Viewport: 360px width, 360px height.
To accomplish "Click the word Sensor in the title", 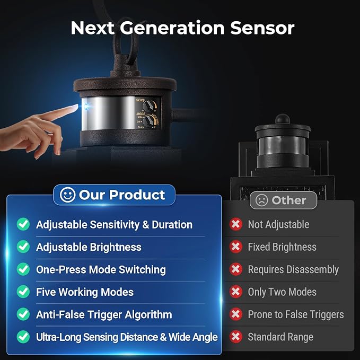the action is [x=262, y=28].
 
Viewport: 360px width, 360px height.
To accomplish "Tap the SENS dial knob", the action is [x=148, y=106].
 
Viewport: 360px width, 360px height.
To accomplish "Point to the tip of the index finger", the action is [x=77, y=106].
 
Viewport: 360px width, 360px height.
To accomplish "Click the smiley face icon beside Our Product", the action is [x=67, y=195].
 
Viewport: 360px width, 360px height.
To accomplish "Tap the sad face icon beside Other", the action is [x=261, y=200].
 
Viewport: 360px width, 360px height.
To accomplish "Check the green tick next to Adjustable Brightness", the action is [x=23, y=247].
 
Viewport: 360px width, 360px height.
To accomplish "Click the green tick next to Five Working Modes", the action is [x=23, y=292].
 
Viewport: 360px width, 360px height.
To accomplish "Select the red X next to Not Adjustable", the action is [x=236, y=224].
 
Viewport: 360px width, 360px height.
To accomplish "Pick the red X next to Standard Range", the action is [x=236, y=337].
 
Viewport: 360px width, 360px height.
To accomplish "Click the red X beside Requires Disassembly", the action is [x=236, y=269].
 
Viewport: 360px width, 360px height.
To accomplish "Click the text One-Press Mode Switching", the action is [x=101, y=269].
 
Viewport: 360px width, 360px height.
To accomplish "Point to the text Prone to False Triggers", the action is [x=296, y=314].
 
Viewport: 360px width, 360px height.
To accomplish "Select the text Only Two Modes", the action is [x=282, y=292].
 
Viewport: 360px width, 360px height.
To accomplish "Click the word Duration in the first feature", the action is [x=172, y=225].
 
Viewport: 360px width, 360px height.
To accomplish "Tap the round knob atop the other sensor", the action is [x=283, y=119].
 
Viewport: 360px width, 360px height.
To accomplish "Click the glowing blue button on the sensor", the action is [x=86, y=107].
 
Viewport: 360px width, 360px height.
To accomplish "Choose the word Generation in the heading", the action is [x=172, y=28].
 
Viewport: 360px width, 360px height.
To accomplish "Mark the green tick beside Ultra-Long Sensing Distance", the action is [x=23, y=337].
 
